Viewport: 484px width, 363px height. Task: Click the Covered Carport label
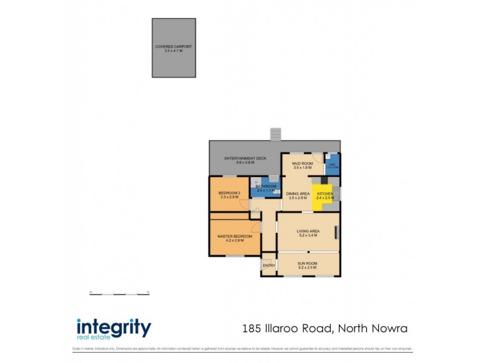point(173,48)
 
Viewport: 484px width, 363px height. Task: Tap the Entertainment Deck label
point(245,160)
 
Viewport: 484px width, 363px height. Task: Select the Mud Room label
point(302,165)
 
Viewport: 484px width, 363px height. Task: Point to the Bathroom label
point(266,188)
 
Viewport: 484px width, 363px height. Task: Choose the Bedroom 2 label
point(229,195)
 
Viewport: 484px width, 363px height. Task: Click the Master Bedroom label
point(235,238)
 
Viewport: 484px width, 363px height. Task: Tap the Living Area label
point(307,233)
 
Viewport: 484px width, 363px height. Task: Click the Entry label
point(269,266)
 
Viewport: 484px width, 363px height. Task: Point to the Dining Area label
point(298,195)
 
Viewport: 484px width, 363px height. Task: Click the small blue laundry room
point(332,165)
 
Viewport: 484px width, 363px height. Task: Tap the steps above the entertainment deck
point(276,134)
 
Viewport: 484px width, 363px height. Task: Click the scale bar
point(119,293)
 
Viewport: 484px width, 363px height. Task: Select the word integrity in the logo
point(114,327)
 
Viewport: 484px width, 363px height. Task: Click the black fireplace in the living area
point(338,233)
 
